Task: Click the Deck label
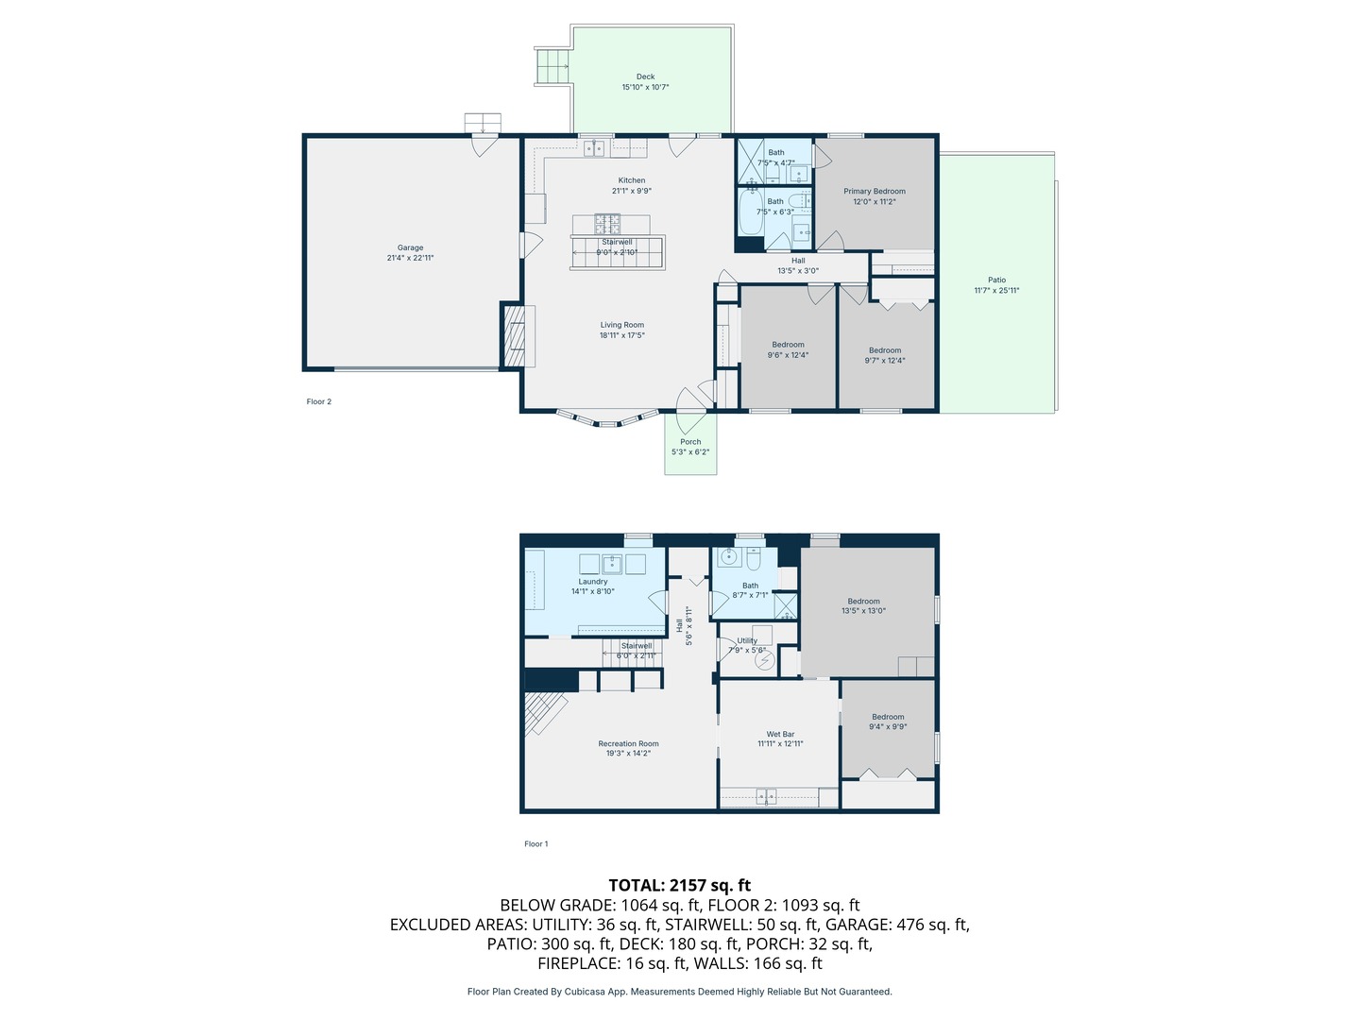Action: point(645,76)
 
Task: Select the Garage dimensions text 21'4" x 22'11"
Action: point(410,258)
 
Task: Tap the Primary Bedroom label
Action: point(874,191)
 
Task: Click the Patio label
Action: point(996,280)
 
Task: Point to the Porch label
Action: point(690,442)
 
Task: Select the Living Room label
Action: point(621,325)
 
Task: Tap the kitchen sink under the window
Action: point(594,148)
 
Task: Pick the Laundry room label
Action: point(592,582)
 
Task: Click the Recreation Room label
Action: point(628,744)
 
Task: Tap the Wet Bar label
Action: point(780,734)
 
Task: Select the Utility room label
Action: point(747,640)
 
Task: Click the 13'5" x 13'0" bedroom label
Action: point(863,602)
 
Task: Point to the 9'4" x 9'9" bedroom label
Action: point(888,717)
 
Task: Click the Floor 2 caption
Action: point(318,401)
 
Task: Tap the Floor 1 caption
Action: point(535,844)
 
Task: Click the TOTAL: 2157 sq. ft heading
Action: point(679,885)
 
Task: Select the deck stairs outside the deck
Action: point(552,66)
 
